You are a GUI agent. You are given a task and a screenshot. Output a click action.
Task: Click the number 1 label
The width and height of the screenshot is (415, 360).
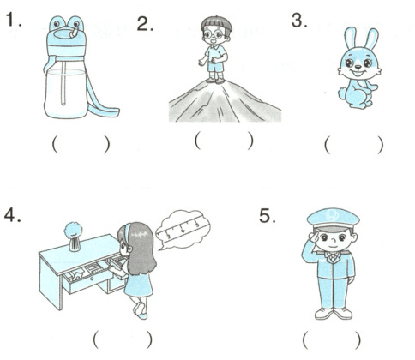(x=13, y=20)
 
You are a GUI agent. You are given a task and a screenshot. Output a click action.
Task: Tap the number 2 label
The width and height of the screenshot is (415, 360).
(x=145, y=23)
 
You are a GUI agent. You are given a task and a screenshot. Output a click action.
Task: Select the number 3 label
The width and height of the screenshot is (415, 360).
(x=299, y=21)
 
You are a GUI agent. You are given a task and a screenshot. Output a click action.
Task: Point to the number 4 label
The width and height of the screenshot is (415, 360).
(x=12, y=215)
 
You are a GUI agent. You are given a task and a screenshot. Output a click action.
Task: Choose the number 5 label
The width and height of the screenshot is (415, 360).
(x=268, y=215)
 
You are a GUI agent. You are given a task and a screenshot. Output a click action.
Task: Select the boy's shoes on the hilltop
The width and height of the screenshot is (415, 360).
(x=215, y=81)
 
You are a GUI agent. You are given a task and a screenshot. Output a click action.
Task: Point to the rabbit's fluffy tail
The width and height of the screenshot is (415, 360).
(x=343, y=93)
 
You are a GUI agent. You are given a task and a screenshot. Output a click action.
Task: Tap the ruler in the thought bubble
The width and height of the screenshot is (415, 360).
(x=182, y=228)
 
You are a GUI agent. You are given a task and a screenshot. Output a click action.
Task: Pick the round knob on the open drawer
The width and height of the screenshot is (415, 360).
(x=92, y=279)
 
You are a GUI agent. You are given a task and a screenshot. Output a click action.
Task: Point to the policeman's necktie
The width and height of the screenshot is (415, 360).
(x=333, y=258)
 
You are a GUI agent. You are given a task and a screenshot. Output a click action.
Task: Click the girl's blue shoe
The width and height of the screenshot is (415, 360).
(x=140, y=310)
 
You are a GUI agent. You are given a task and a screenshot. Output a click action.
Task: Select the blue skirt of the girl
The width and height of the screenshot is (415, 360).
(x=139, y=285)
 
